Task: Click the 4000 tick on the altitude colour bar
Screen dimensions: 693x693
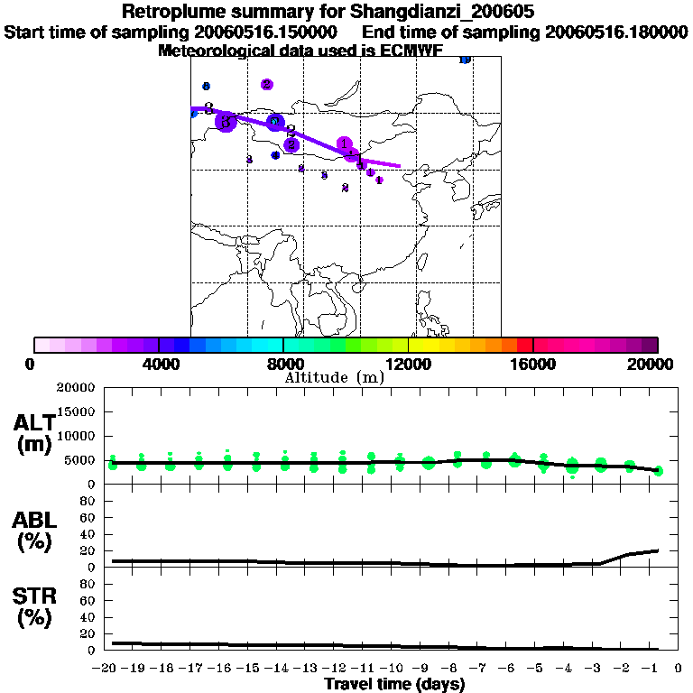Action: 159,364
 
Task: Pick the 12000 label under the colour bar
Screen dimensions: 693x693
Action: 408,364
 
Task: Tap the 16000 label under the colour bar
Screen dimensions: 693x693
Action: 533,364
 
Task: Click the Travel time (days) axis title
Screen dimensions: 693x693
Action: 394,685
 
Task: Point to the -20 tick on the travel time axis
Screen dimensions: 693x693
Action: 108,670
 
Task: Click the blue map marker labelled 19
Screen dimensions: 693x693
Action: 465,60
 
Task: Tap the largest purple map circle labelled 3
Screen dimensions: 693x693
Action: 226,122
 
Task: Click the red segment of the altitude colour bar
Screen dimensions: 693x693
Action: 524,345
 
